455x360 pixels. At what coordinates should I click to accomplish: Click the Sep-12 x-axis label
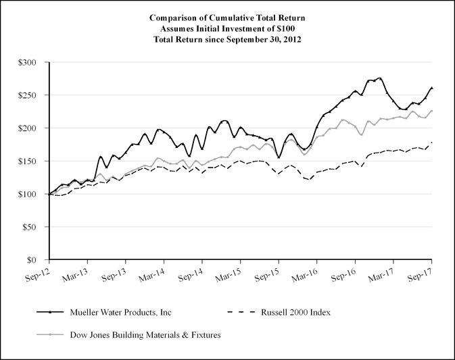(x=39, y=277)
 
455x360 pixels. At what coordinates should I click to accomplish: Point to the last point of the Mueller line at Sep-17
(x=431, y=88)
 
